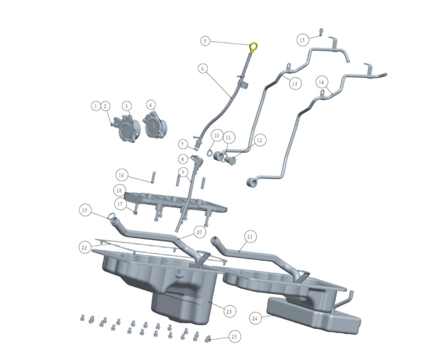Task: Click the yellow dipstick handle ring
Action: tap(254, 46)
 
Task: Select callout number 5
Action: tap(205, 40)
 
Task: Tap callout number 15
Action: tap(302, 40)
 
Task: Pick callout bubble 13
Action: tap(294, 83)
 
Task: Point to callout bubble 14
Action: tap(321, 82)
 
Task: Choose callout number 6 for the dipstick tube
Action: tap(202, 69)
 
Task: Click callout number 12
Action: tap(259, 140)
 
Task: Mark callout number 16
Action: tap(121, 175)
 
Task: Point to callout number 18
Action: tap(119, 191)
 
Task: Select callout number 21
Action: tap(250, 236)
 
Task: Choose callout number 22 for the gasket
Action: tap(84, 247)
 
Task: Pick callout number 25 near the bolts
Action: tap(234, 337)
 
